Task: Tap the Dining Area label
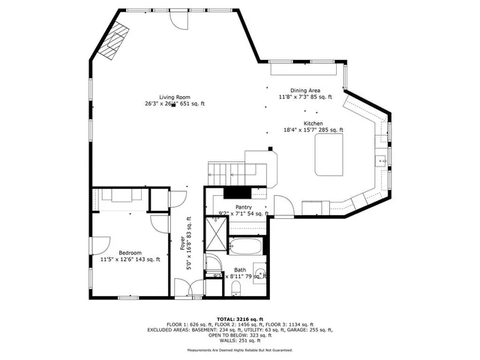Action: (304, 91)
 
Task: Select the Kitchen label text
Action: (313, 123)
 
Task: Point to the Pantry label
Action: (243, 207)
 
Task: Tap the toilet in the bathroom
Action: (235, 289)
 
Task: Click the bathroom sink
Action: (260, 271)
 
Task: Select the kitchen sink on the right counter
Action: (381, 158)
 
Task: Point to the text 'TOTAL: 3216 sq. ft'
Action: (240, 318)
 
